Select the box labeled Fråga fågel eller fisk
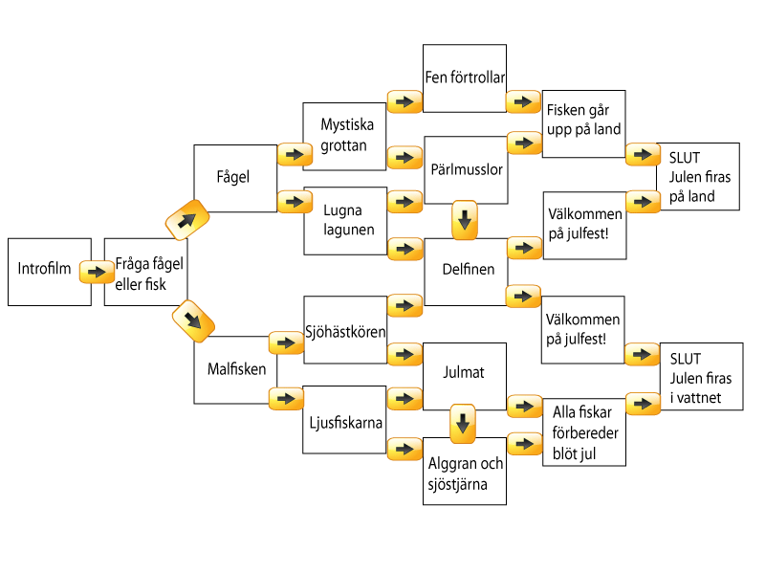[145, 272]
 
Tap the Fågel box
[235, 178]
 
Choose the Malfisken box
[235, 369]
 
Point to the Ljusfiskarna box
[344, 419]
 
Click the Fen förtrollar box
[465, 78]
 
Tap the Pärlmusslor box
[465, 169]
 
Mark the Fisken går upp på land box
[583, 119]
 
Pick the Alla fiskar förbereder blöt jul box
[583, 432]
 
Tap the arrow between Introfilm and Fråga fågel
[97, 273]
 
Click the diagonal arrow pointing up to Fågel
[187, 220]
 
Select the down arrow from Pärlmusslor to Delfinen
[465, 220]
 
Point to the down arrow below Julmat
[463, 423]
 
